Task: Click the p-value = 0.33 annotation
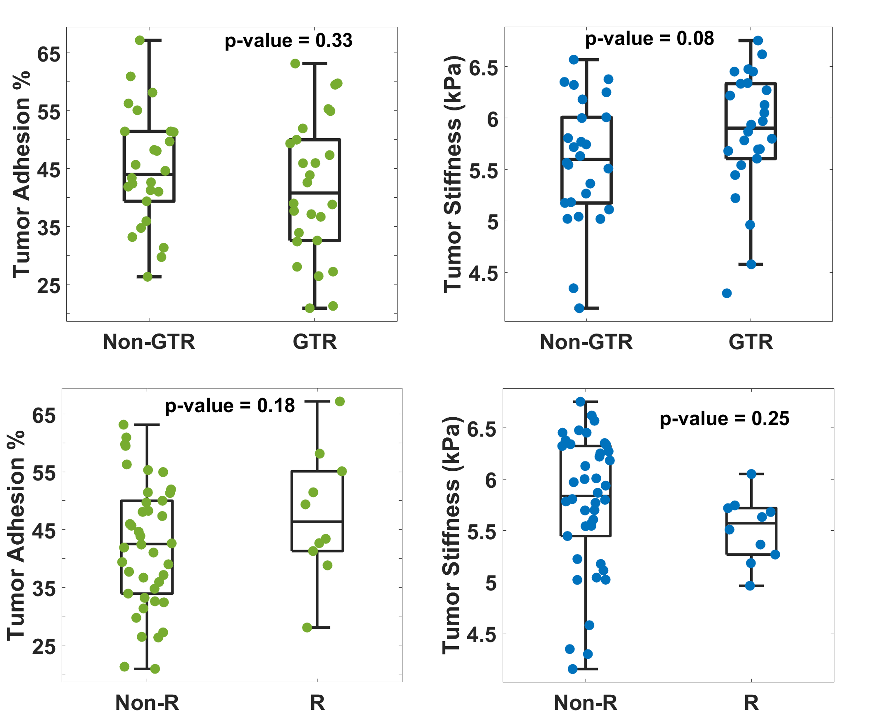click(x=289, y=41)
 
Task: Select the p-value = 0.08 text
click(x=649, y=39)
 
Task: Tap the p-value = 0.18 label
click(x=230, y=405)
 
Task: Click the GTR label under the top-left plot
click(x=315, y=342)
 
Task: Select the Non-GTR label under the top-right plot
click(x=586, y=342)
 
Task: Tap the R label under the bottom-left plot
click(x=317, y=703)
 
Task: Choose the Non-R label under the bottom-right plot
click(x=585, y=703)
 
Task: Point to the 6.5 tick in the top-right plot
click(x=484, y=67)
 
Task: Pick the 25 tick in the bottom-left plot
click(x=44, y=646)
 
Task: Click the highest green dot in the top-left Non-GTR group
click(x=140, y=40)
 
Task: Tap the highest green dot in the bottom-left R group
click(x=340, y=401)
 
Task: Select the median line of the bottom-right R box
click(x=751, y=523)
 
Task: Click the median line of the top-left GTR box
click(x=315, y=193)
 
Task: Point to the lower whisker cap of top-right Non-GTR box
click(x=586, y=308)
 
